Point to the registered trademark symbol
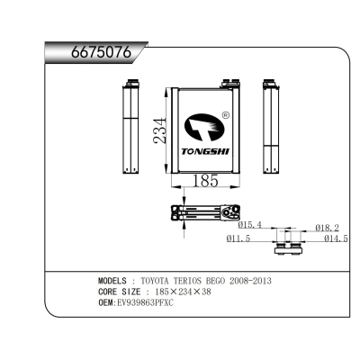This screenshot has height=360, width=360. coord(226,115)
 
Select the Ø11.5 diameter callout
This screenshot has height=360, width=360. coord(238,238)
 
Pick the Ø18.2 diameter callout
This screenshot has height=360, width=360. coord(328,228)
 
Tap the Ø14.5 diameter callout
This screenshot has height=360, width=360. coord(335,238)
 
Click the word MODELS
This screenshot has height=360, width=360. coord(114,281)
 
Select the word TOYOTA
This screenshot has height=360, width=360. coord(159,281)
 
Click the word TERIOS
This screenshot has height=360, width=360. coord(197,281)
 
